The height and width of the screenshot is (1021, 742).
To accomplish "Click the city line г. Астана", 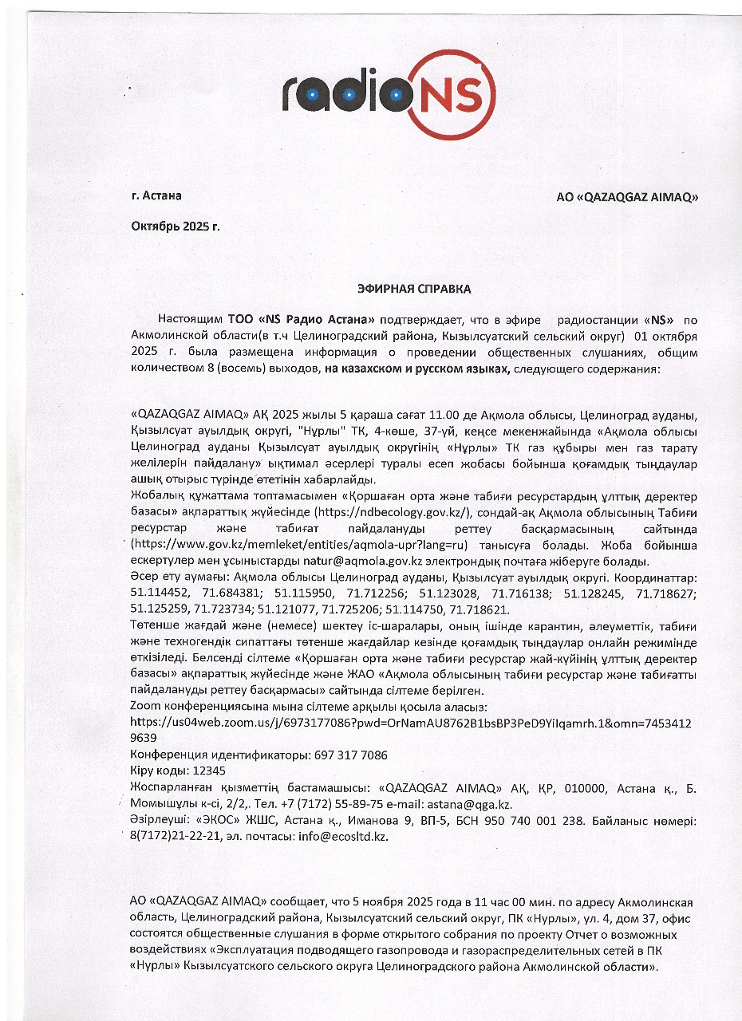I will point(156,195).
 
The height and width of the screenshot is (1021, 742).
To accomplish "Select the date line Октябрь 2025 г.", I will point(176,226).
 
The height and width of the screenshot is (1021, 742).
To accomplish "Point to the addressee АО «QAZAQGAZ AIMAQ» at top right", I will point(627,197).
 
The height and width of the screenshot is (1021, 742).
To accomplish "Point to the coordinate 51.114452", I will point(163,593).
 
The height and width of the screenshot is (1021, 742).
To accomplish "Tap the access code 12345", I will point(206,771).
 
